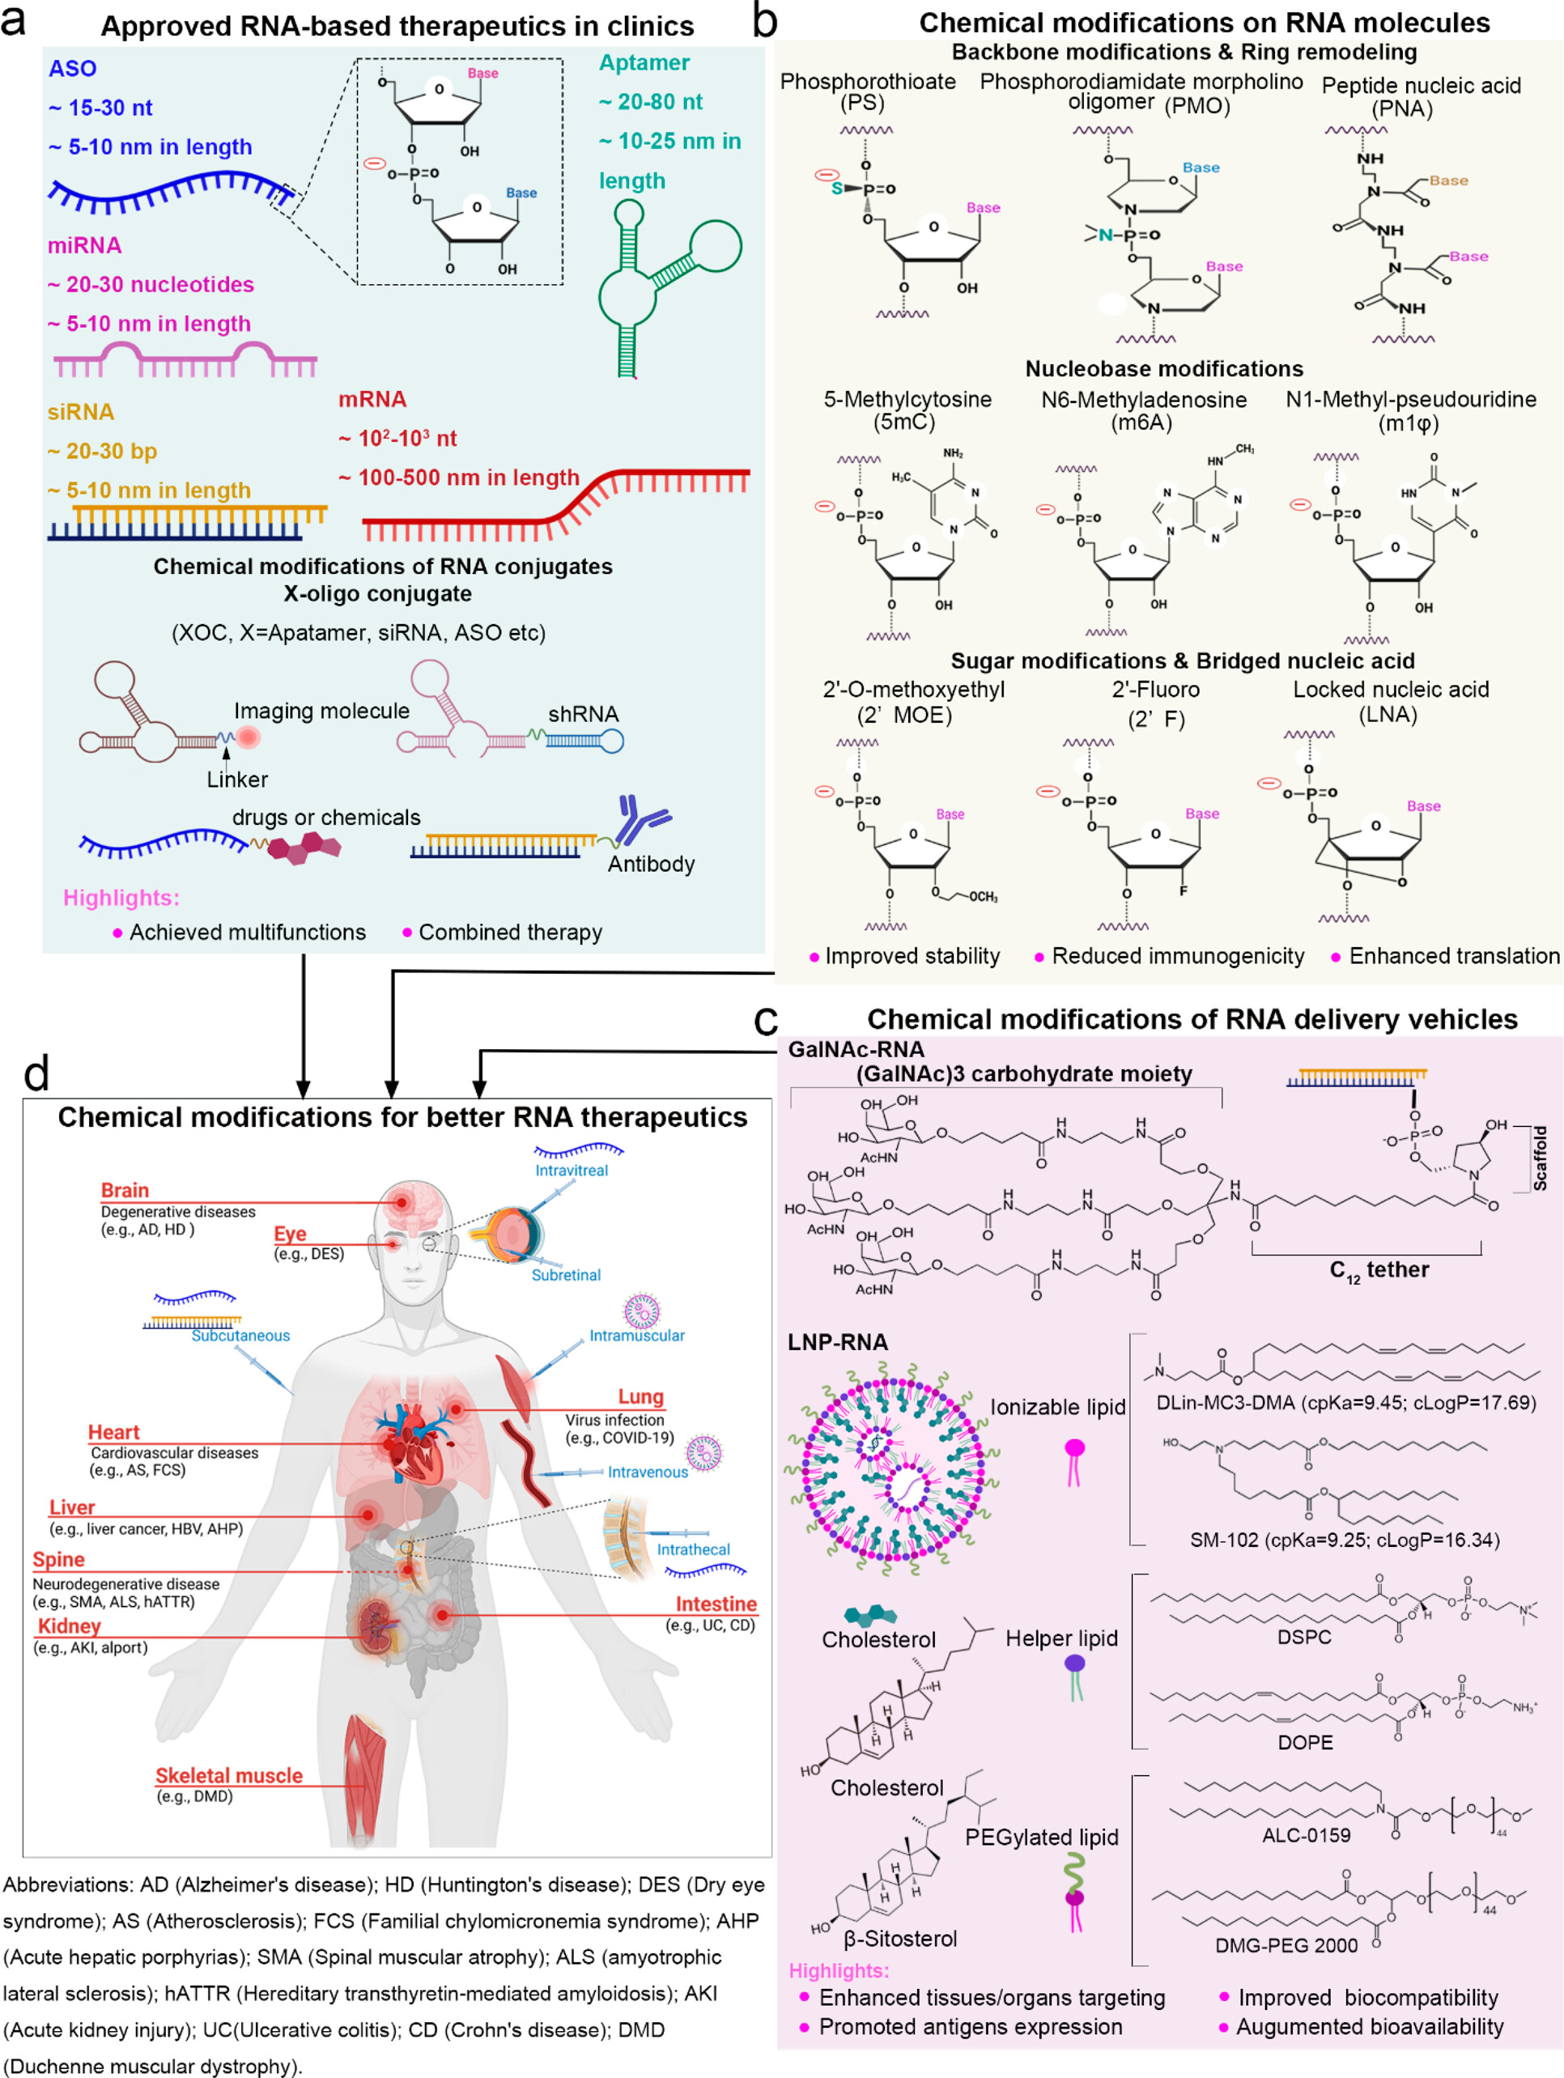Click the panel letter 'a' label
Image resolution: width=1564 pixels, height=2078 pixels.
[x=14, y=21]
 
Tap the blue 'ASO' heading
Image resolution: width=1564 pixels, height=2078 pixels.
[x=72, y=69]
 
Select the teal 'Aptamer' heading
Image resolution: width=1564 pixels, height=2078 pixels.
[x=644, y=63]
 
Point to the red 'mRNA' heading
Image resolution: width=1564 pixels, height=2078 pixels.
[x=373, y=399]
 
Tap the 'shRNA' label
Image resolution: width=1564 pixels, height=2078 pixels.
[x=584, y=714]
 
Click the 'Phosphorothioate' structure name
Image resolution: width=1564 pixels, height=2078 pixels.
[x=868, y=82]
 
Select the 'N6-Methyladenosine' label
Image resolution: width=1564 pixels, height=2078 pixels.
[x=1144, y=400]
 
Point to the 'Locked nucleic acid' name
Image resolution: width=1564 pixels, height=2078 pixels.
[x=1390, y=690]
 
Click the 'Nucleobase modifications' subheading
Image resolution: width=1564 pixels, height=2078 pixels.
[x=1164, y=369]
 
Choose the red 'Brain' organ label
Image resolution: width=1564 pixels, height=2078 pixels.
[x=125, y=1190]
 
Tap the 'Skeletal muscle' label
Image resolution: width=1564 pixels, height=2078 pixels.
[x=229, y=1775]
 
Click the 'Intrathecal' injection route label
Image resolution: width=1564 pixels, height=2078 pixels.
[x=693, y=1549]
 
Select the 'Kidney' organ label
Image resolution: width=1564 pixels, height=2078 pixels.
[x=69, y=1626]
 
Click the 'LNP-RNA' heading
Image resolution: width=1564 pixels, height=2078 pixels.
[x=837, y=1342]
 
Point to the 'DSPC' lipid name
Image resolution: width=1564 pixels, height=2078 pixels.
[x=1304, y=1637]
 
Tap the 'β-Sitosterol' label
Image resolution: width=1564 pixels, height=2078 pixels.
[x=900, y=1938]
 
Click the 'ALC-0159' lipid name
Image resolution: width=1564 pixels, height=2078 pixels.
[x=1306, y=1834]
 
